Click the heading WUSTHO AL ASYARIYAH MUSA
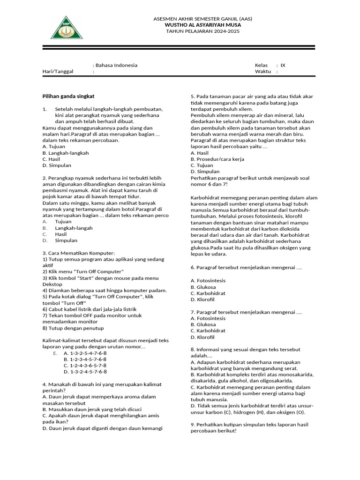(202, 25)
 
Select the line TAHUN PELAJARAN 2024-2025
(202, 31)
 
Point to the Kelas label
(261, 65)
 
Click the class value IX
(283, 65)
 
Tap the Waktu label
(262, 72)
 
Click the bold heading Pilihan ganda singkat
(68, 96)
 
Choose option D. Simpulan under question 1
(57, 165)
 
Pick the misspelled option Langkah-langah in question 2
(74, 228)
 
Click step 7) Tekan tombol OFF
(92, 315)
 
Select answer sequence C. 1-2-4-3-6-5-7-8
(85, 365)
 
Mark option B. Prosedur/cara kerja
(217, 159)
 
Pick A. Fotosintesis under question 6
(208, 280)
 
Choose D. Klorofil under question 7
(202, 337)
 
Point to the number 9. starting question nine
(193, 425)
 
